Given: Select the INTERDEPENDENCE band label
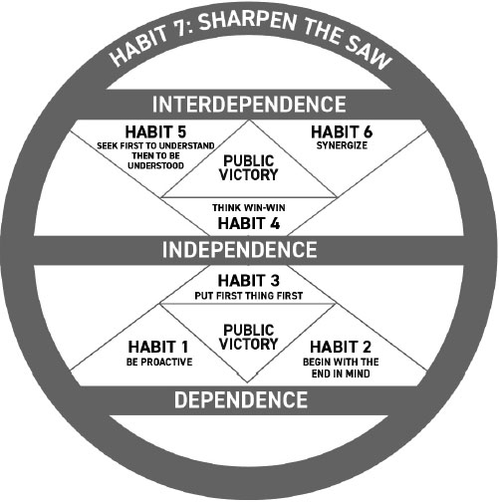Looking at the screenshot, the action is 249,105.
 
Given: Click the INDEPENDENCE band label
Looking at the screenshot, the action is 239,250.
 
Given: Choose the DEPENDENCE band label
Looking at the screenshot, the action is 241,399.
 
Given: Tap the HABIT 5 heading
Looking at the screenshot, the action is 155,131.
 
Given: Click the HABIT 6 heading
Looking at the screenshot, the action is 342,131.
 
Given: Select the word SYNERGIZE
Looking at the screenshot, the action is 342,145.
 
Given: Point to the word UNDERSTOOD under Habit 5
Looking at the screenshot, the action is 155,165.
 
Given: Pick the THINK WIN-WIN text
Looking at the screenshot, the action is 249,208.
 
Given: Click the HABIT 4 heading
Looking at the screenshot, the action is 249,223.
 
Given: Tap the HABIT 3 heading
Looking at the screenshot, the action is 249,281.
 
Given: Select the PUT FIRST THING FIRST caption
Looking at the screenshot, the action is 249,296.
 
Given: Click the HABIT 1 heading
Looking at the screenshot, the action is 158,347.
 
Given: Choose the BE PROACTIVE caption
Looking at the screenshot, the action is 159,362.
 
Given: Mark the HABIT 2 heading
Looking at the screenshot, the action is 341,347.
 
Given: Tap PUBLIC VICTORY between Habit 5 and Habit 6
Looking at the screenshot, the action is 249,168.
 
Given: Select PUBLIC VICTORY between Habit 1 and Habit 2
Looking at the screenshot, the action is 249,337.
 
